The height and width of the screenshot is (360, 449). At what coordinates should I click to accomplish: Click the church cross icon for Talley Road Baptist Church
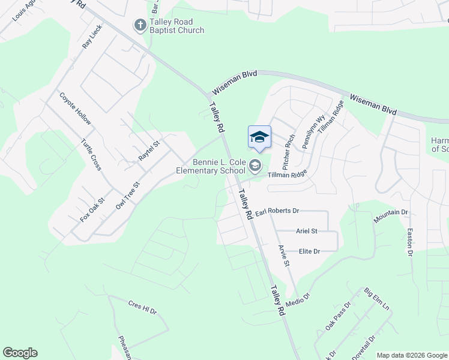coord(140,25)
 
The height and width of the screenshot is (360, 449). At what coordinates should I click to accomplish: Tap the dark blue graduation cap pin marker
coord(259,138)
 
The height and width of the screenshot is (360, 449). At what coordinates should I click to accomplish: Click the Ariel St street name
coord(306,231)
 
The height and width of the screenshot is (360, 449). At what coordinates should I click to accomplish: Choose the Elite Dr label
coord(309,251)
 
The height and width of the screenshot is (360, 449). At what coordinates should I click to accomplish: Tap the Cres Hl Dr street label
coord(142,308)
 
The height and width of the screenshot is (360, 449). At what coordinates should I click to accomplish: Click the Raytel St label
coord(150,150)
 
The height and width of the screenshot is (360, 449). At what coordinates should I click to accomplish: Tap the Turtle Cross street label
coord(91,155)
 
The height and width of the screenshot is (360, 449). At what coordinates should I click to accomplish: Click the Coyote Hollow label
coord(76,109)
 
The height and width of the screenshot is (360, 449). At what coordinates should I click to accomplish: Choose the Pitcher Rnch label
coord(289,151)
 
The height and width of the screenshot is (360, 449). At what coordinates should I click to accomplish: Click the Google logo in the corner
coord(20,353)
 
